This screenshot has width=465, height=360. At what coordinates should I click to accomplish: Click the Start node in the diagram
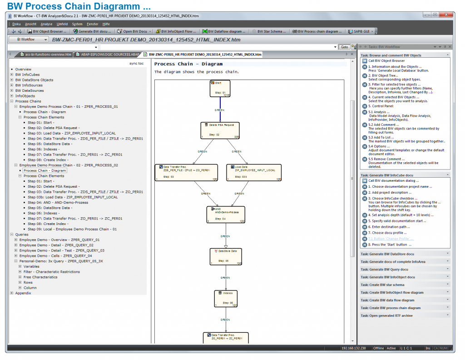(220, 88)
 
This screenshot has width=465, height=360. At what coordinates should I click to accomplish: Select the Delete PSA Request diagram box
(220, 130)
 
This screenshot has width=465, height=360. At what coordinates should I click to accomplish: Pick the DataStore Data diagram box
(226, 256)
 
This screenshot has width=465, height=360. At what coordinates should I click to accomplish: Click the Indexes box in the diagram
(226, 298)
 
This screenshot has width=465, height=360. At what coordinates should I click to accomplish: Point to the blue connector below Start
(220, 109)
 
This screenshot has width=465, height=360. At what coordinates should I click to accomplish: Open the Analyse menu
(46, 24)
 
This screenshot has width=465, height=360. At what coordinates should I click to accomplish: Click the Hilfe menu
(106, 24)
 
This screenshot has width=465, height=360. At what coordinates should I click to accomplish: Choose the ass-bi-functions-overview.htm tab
(45, 55)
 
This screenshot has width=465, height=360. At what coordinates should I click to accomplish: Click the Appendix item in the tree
(23, 293)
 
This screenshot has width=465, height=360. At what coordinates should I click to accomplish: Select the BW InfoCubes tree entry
(27, 75)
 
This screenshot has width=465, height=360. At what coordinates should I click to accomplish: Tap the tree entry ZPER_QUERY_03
(62, 250)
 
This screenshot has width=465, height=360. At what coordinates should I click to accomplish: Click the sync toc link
(136, 64)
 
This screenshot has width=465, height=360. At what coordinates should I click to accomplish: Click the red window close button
(446, 15)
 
